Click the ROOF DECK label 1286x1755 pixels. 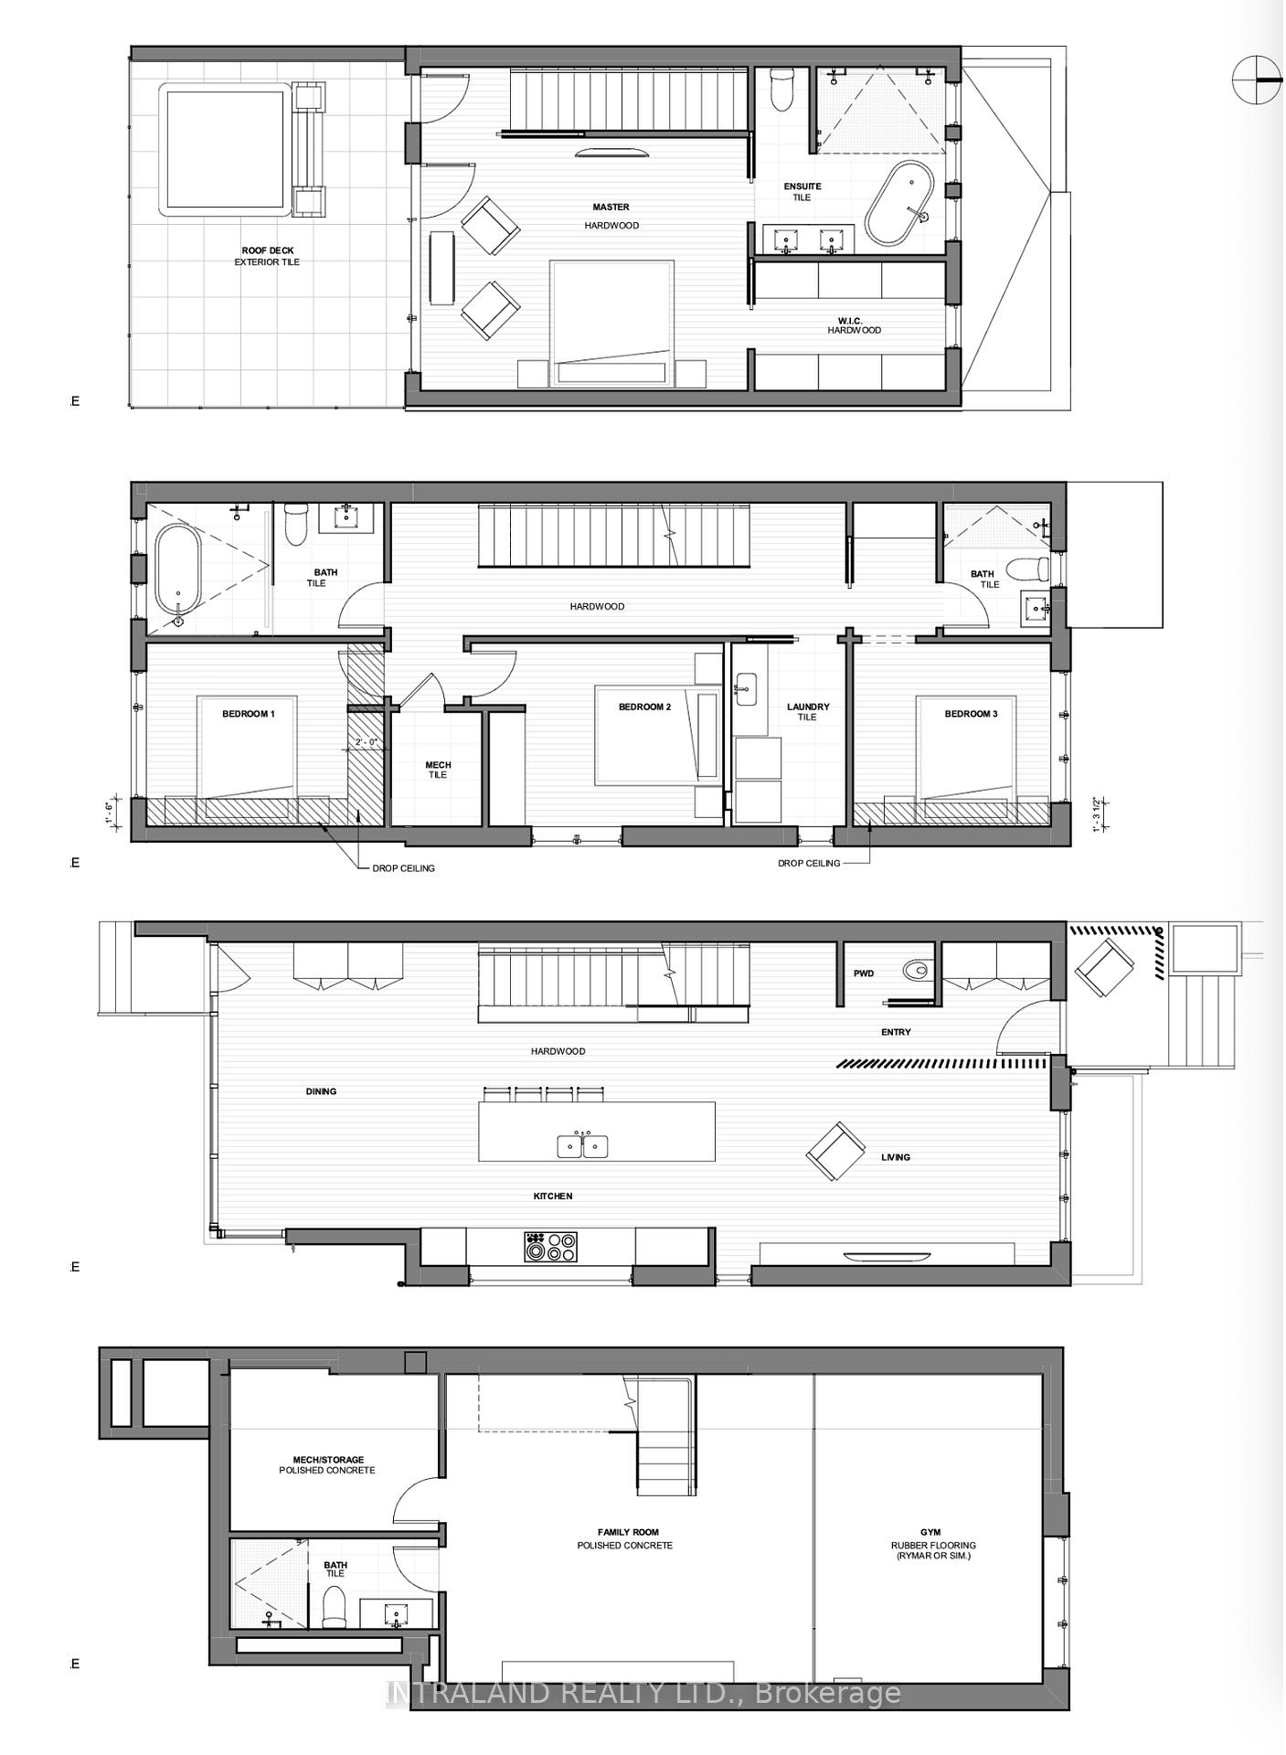[x=268, y=250]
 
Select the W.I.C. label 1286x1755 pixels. [x=850, y=321]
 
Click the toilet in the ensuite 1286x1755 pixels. [x=782, y=89]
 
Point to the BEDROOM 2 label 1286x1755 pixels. [x=644, y=707]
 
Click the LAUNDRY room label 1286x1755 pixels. [x=808, y=707]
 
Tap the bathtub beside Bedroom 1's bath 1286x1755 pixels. [x=177, y=569]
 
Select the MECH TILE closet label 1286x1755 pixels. [x=438, y=770]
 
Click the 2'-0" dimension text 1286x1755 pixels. [x=366, y=741]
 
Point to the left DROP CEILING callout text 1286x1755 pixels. [x=402, y=867]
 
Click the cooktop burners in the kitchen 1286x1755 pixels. [x=550, y=1247]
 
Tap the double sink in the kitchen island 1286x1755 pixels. [x=582, y=1145]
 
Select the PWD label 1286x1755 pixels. [x=864, y=973]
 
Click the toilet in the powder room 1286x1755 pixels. [x=915, y=970]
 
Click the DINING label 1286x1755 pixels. [x=321, y=1091]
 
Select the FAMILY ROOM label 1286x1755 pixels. [x=628, y=1532]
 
